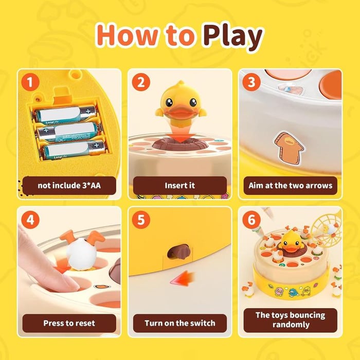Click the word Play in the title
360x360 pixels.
232,36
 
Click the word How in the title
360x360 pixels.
125,36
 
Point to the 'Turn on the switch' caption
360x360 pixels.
180,323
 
